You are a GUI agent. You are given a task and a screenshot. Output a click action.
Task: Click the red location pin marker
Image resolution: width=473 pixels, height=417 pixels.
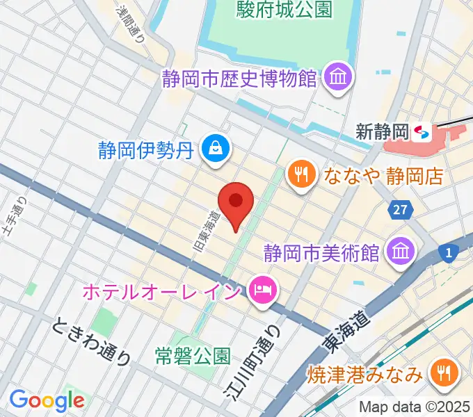[x=235, y=202]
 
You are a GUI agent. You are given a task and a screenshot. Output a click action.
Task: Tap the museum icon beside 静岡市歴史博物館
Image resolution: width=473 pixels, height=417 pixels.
[x=338, y=76]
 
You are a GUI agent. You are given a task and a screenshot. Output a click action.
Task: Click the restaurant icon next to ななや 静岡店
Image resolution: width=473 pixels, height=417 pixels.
[x=301, y=174]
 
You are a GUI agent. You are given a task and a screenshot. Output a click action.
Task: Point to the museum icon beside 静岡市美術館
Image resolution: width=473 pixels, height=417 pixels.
[x=401, y=251]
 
